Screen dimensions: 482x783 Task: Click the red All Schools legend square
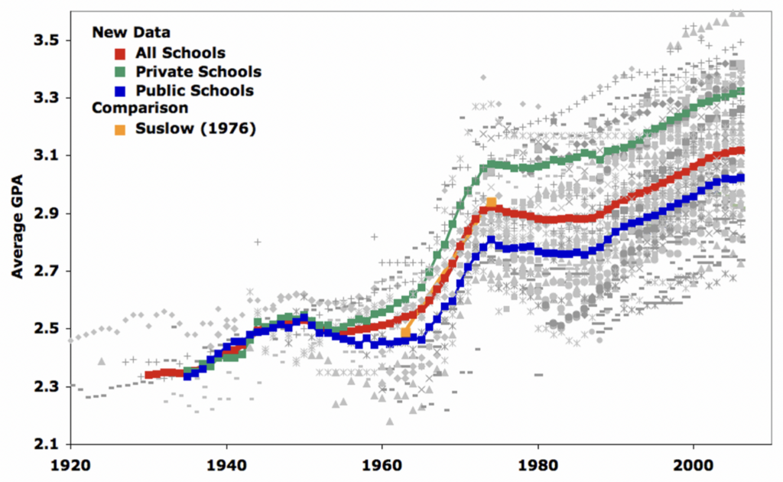(120, 54)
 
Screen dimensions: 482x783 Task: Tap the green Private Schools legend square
(120, 73)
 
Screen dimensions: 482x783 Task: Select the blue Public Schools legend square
(120, 91)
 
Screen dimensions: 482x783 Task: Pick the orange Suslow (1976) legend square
(120, 128)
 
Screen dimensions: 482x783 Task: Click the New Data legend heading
(130, 33)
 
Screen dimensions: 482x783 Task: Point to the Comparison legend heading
(140, 109)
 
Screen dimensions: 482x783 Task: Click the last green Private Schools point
(741, 92)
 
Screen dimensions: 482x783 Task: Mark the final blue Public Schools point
(741, 178)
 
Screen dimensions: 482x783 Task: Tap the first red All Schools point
(148, 375)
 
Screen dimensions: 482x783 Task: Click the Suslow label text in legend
(195, 128)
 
